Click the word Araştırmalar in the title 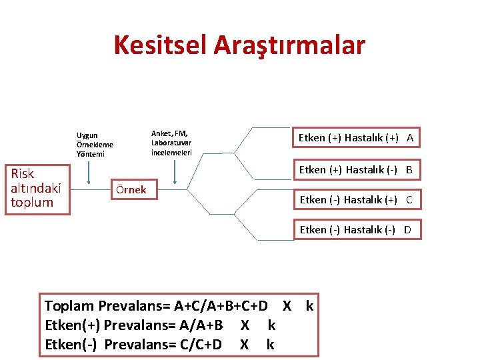tap(289, 45)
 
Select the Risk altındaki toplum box tap(36, 188)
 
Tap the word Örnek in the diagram tap(131, 189)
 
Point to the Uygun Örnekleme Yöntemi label tap(95, 145)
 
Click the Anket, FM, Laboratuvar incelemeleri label tap(171, 143)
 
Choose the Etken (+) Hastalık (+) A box tap(355, 138)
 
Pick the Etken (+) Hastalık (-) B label tap(355, 170)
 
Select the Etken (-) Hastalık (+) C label tap(355, 199)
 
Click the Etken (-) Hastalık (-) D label tap(355, 230)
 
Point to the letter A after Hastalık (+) tap(410, 138)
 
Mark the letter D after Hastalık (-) tap(407, 230)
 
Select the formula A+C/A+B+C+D tap(221, 307)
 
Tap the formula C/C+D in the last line tap(198, 345)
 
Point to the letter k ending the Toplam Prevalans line tap(309, 307)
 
